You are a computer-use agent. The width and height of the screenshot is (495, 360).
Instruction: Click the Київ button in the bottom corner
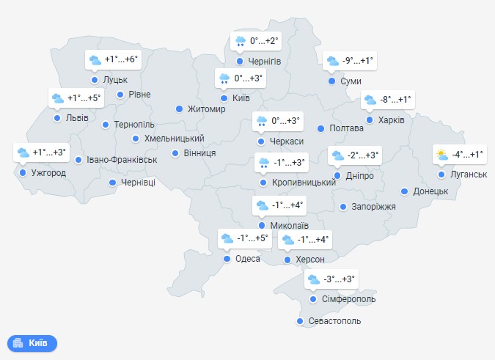point(32,342)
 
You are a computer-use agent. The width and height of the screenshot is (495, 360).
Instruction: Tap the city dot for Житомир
point(179,109)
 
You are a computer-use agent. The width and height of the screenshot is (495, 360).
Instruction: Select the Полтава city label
point(347,128)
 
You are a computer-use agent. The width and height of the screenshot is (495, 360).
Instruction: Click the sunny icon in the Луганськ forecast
point(441,155)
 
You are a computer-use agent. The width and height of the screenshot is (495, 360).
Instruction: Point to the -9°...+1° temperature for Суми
point(359,61)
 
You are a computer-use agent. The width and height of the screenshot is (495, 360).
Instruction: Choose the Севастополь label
point(335,321)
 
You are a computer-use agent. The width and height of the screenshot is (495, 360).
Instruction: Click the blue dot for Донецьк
point(405,191)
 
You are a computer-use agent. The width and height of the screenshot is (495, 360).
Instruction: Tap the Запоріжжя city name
point(373,207)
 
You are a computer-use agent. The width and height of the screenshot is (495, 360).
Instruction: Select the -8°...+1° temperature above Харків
point(396,100)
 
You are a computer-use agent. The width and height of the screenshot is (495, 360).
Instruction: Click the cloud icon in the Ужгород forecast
point(23,153)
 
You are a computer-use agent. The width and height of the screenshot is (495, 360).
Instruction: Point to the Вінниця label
point(200,153)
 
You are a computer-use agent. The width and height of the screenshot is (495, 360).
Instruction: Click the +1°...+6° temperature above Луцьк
point(121,59)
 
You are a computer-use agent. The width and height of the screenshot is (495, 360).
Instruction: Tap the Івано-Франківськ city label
point(121,159)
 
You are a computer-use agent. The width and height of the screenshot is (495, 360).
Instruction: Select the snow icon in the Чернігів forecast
point(240,42)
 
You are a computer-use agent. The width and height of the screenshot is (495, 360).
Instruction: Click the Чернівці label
point(138,183)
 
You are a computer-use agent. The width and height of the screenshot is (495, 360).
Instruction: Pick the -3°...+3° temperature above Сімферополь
point(340,279)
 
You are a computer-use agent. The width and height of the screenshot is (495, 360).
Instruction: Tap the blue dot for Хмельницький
point(136,139)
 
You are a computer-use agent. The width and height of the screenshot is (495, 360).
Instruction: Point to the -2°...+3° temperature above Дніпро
point(364,155)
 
